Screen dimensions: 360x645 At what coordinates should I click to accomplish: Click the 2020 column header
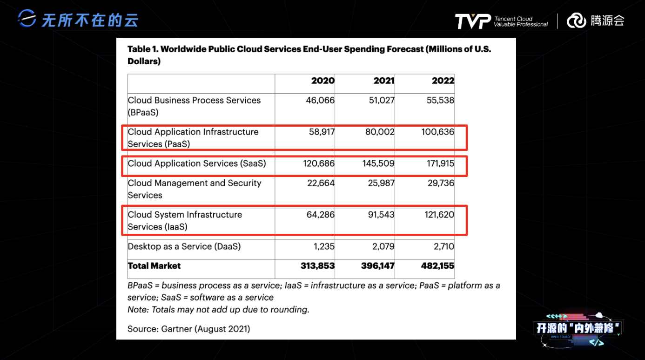point(322,81)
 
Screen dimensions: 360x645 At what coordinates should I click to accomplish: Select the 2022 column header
point(443,81)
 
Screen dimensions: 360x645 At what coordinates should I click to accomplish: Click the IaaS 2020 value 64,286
point(321,215)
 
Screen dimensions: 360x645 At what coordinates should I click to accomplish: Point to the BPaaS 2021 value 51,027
point(382,100)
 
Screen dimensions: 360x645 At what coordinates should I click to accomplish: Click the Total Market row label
point(154,266)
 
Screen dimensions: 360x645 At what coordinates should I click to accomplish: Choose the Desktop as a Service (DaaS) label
point(184,246)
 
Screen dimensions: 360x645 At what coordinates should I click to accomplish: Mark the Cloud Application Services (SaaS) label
point(197,163)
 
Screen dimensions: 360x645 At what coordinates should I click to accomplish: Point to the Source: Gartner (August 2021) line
point(188,329)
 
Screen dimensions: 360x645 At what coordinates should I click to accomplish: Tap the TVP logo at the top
point(472,21)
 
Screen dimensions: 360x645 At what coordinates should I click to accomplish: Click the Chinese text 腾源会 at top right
point(607,20)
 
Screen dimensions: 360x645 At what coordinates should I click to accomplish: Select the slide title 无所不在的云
point(90,20)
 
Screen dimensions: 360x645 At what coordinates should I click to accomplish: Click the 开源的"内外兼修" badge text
point(578,328)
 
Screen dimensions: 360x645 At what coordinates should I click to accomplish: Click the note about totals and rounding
point(218,309)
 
